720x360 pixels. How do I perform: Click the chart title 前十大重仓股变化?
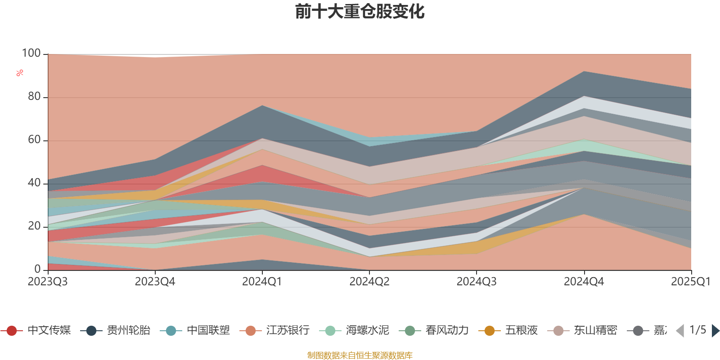[360, 12]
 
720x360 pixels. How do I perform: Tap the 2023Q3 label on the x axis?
[48, 282]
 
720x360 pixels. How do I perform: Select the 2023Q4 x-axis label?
[155, 282]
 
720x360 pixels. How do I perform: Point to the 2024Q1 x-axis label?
[262, 282]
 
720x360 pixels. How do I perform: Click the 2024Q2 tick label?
[369, 282]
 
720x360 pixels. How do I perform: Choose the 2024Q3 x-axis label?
[477, 282]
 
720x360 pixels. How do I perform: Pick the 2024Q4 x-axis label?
[584, 282]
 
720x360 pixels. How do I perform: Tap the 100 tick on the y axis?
[31, 54]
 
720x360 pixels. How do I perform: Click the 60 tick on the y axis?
[34, 140]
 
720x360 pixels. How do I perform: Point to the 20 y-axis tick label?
[34, 226]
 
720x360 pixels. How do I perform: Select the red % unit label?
[20, 73]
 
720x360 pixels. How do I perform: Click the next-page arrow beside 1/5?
[715, 331]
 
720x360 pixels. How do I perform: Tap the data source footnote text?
[360, 355]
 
